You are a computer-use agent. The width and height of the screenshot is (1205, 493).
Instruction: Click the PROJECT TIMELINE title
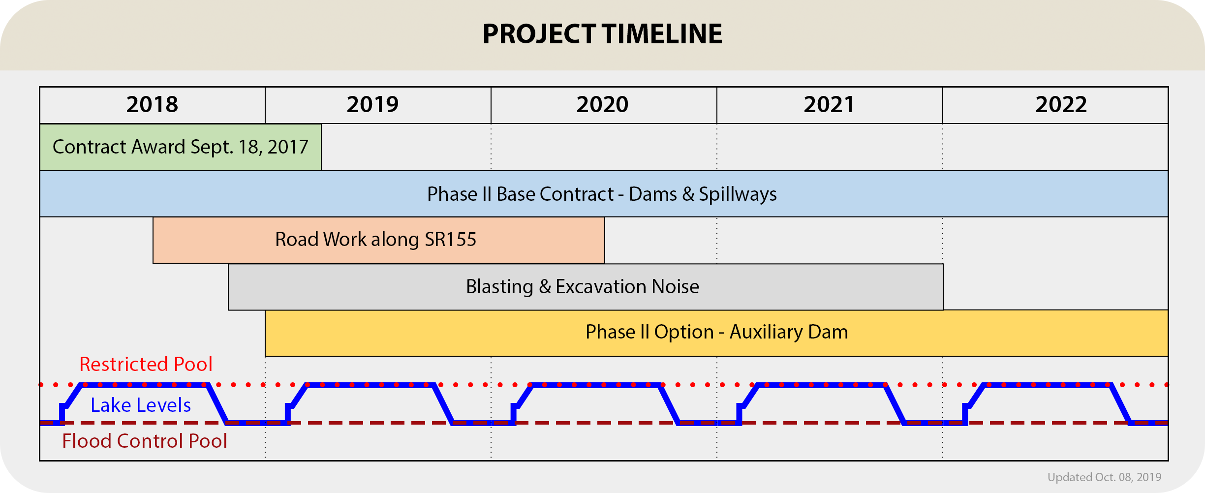[x=602, y=34]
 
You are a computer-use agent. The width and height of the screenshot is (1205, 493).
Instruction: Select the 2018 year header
[x=152, y=104]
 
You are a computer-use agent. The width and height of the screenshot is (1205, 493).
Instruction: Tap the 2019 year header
[x=372, y=104]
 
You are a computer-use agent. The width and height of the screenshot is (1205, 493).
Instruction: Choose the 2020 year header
[x=603, y=104]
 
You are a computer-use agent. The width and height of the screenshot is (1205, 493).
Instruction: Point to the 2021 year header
[x=829, y=104]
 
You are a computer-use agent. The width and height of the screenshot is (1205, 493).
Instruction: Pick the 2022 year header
[x=1061, y=104]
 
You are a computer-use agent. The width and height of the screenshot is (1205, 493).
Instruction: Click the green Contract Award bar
[x=181, y=147]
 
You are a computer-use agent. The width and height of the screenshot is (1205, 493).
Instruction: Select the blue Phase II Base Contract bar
[x=604, y=194]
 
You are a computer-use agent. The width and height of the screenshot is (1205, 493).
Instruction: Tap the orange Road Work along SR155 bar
[x=379, y=240]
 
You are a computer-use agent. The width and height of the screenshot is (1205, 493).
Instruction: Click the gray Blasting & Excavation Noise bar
[x=586, y=287]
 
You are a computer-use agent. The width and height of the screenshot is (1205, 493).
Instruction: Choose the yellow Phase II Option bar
[x=716, y=333]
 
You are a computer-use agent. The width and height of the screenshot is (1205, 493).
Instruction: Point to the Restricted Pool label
[x=146, y=364]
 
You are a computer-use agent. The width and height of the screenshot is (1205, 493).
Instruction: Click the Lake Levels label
[x=141, y=405]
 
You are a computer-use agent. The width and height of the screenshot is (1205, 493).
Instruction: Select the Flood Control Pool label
[x=145, y=441]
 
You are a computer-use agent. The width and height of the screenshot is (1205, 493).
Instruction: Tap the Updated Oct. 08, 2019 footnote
[x=1104, y=477]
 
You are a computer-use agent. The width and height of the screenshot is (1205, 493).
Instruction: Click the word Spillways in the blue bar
[x=738, y=194]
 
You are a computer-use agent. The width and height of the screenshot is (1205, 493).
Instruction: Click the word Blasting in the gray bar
[x=499, y=287]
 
